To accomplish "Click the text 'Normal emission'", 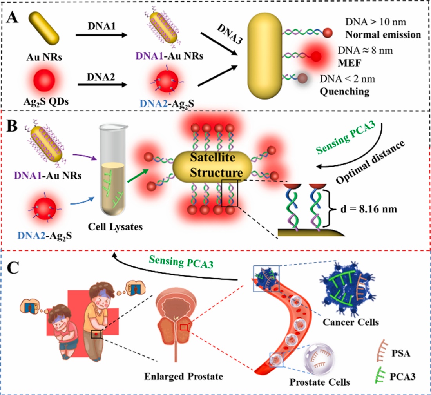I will click(383, 34).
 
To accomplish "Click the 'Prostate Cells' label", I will click(320, 381).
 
